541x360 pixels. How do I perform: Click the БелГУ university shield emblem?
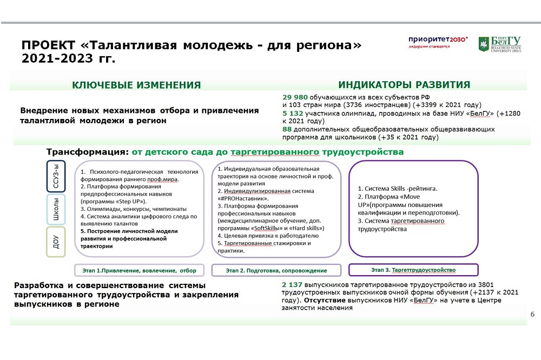(483, 44)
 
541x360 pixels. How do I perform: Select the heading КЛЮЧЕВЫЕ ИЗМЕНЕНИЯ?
(136, 85)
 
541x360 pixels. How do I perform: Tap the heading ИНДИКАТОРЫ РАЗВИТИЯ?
(404, 84)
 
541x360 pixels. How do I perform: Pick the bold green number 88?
(287, 129)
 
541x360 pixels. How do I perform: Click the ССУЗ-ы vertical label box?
(56, 176)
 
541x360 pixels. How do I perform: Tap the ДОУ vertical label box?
(56, 242)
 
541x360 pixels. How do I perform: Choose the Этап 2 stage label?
(276, 270)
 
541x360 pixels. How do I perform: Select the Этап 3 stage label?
(413, 270)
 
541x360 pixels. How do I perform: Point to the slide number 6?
(532, 314)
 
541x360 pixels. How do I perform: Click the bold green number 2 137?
(292, 284)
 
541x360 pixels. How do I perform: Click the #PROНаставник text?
(246, 199)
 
